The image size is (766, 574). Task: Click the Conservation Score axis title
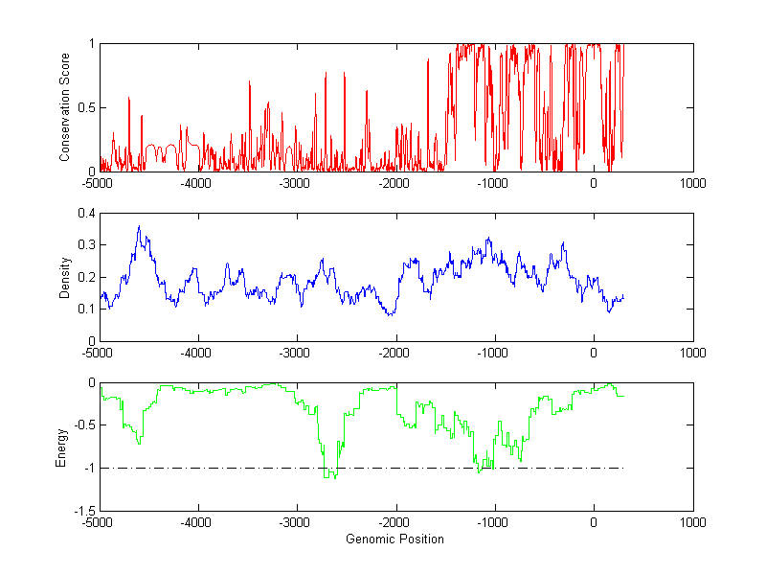click(x=65, y=106)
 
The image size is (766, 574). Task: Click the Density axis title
click(x=65, y=277)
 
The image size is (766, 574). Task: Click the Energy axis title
click(x=61, y=447)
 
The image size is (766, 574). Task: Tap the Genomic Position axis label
click(x=395, y=539)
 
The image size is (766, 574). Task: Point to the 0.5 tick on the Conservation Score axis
click(x=86, y=107)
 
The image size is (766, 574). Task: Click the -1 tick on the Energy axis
click(x=88, y=469)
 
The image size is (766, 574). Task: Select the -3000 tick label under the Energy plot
click(x=296, y=523)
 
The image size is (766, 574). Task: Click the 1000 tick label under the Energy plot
click(x=692, y=523)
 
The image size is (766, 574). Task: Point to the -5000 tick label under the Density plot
click(x=98, y=353)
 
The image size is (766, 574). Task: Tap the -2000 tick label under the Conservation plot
click(x=394, y=183)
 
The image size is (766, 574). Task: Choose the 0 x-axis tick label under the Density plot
click(x=594, y=353)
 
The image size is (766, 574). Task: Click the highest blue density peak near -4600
click(x=139, y=226)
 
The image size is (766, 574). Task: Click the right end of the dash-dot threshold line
click(x=623, y=469)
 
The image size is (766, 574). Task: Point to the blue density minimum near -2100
click(x=389, y=314)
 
